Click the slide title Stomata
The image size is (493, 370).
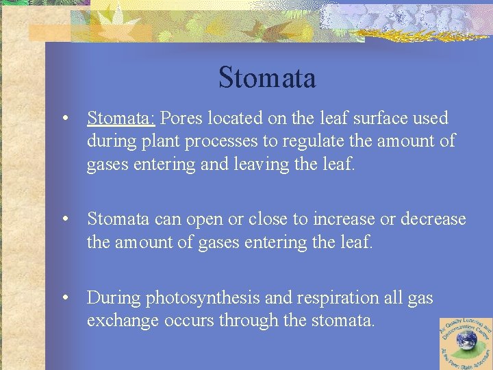point(267,78)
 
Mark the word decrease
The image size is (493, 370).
point(433,219)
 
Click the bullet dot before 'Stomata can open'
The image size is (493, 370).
point(64,219)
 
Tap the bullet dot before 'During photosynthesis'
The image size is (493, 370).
point(64,298)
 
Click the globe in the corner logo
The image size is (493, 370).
point(466,343)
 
